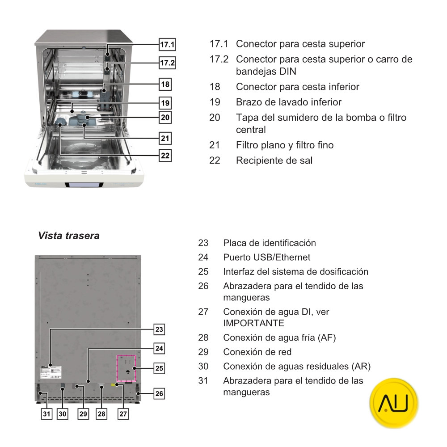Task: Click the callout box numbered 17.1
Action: (168, 44)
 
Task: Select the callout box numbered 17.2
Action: (168, 63)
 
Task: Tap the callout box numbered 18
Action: (165, 84)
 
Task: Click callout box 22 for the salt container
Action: (165, 155)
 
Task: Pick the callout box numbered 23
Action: (159, 330)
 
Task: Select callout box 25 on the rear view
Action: (159, 368)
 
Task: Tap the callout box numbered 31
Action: (46, 414)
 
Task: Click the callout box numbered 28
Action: (102, 414)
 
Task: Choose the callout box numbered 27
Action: (123, 414)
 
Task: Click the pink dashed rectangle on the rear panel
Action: (126, 368)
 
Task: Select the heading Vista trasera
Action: (69, 236)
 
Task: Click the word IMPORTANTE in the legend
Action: (253, 323)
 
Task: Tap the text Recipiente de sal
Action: (274, 160)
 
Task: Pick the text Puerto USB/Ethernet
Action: (266, 257)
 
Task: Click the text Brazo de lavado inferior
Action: (288, 102)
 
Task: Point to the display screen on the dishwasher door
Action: (82, 185)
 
